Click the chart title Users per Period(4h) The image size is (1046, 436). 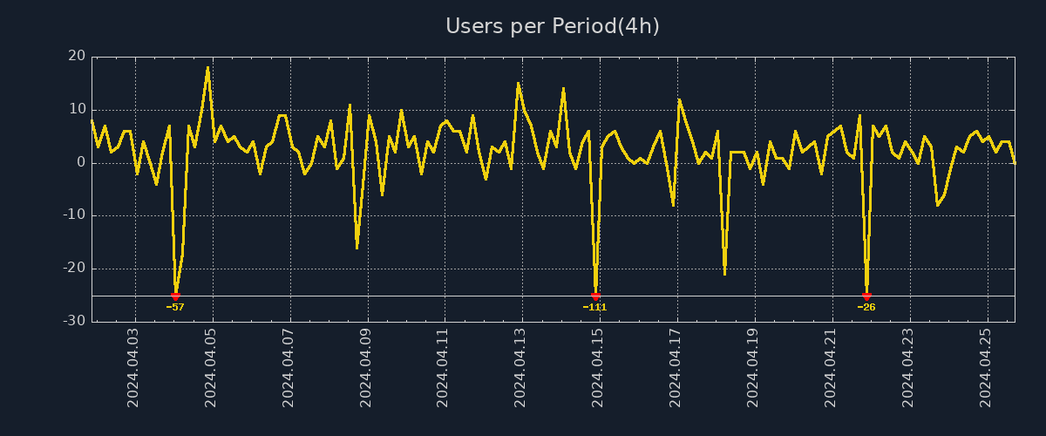click(x=553, y=26)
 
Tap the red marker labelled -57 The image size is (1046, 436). click(x=175, y=296)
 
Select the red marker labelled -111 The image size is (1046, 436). click(x=595, y=296)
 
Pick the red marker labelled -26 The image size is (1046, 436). click(x=866, y=296)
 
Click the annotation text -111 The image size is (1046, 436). click(x=594, y=307)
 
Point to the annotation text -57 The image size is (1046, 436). click(x=175, y=307)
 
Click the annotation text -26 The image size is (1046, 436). click(x=866, y=307)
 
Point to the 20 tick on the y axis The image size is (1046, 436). click(x=77, y=57)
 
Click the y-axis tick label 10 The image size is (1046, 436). click(x=77, y=110)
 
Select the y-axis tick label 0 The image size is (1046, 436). click(x=81, y=163)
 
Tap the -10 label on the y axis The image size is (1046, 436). click(x=74, y=215)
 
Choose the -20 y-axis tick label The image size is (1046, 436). click(x=74, y=269)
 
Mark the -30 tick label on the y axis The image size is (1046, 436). click(x=74, y=321)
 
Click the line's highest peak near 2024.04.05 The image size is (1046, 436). click(x=207, y=67)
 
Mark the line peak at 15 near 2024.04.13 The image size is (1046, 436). click(x=518, y=84)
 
